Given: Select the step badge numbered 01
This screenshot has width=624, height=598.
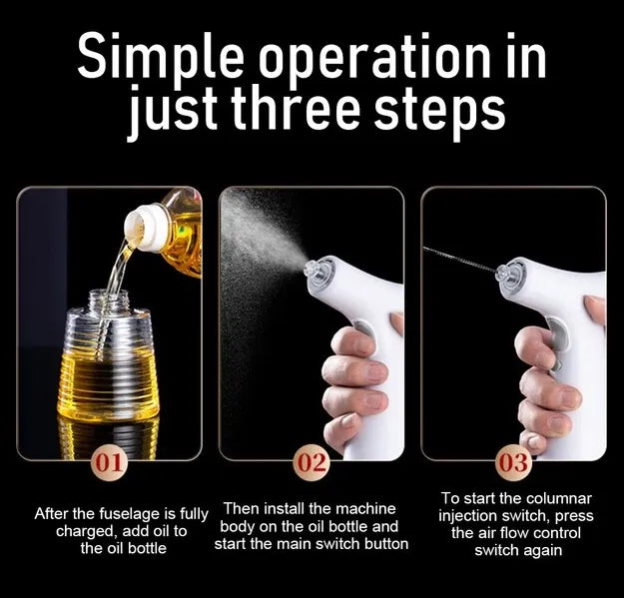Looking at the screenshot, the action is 109,463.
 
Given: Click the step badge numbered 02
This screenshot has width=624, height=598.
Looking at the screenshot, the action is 312,463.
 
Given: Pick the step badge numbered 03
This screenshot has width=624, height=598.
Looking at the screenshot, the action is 514,463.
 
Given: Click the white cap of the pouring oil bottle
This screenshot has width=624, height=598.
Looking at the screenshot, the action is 144,228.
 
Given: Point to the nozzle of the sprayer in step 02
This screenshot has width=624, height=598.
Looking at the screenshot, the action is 312,270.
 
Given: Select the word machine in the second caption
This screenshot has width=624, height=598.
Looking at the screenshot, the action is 364,508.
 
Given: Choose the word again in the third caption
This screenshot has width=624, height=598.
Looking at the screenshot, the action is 542,551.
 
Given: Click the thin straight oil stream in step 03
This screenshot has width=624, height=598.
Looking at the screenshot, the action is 459,260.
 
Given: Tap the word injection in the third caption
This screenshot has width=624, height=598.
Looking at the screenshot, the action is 469,516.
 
